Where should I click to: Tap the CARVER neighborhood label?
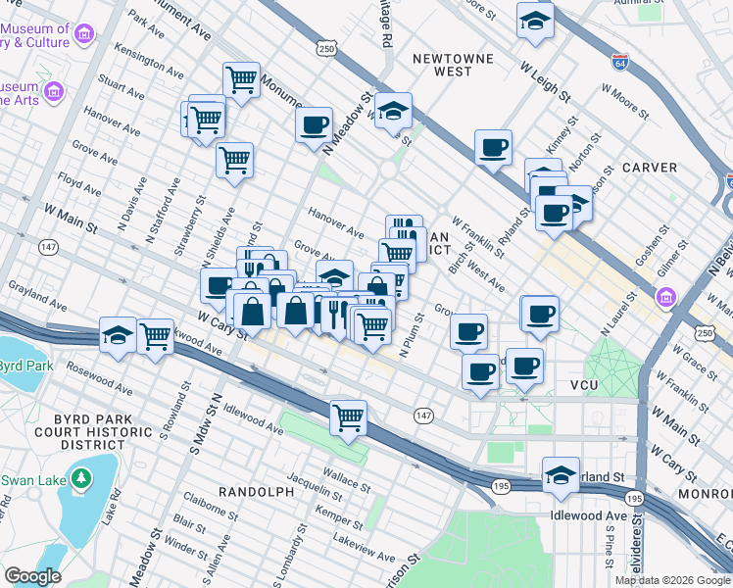pyautogui.click(x=649, y=168)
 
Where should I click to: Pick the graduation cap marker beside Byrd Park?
pyautogui.click(x=118, y=335)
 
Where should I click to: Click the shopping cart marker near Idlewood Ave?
pyautogui.click(x=349, y=417)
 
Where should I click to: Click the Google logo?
pyautogui.click(x=32, y=576)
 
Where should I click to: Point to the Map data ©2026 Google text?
pyautogui.click(x=672, y=580)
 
